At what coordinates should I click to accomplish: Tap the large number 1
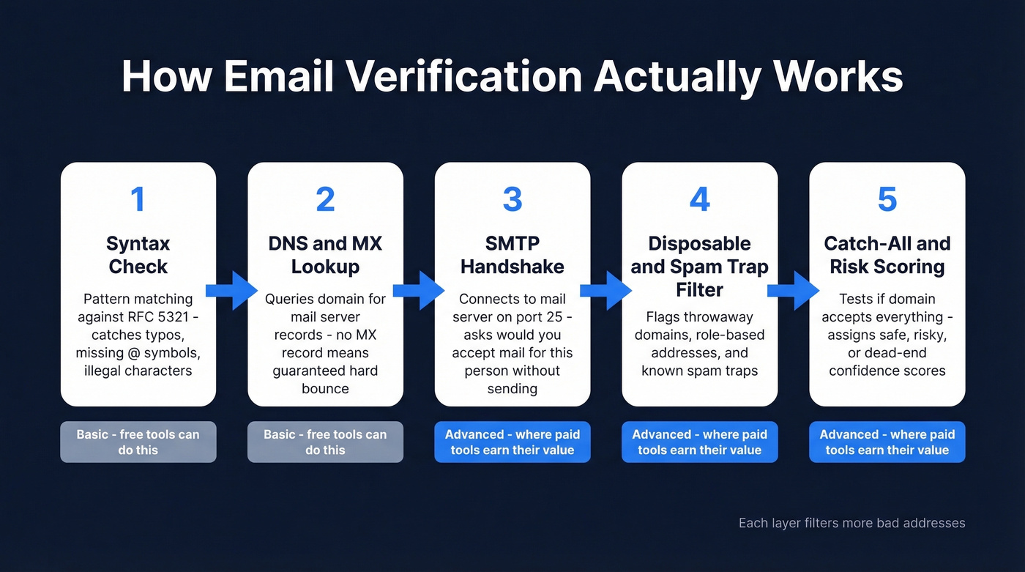pos(138,200)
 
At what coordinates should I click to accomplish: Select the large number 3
pos(512,200)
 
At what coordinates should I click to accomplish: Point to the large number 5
pos(887,200)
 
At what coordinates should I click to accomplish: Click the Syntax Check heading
pos(138,254)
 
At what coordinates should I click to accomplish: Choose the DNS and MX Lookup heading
pos(325,254)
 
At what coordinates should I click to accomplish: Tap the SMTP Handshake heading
pos(512,254)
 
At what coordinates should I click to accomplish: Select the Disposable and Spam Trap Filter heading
pos(699,266)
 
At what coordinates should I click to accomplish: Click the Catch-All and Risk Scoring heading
pos(887,254)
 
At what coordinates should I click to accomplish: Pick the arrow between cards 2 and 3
pos(419,291)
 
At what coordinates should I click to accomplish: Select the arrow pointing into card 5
pos(793,291)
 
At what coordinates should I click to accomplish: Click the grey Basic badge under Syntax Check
pos(138,442)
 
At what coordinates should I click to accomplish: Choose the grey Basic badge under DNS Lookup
pos(325,442)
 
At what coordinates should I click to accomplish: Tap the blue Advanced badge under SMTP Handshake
pos(512,442)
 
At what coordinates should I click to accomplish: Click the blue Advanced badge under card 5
pos(887,442)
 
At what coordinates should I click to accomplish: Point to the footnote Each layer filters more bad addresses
pos(851,523)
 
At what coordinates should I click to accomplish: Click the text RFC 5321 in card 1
pos(156,316)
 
